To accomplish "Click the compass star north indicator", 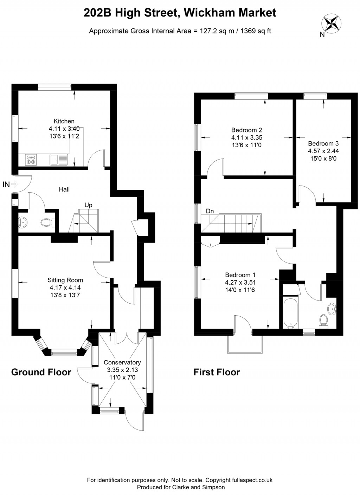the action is tap(332, 23).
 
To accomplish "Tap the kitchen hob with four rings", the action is tap(31, 160).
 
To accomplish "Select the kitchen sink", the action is tap(59, 160).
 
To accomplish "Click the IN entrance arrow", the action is tap(14, 184).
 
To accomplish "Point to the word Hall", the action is tap(64, 189).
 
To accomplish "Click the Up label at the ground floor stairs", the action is tap(88, 205).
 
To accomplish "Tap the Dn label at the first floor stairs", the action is tap(210, 211).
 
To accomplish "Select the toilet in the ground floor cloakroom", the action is tap(48, 222).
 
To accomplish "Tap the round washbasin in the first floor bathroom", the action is tap(332, 309).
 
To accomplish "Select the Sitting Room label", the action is tap(65, 280).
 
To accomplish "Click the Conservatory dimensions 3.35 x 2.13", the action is tap(122, 370).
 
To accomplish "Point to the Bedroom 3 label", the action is tap(323, 143).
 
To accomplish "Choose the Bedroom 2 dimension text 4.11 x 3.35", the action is tap(246, 137).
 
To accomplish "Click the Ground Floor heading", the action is tap(41, 372).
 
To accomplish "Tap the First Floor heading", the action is tap(217, 372).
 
